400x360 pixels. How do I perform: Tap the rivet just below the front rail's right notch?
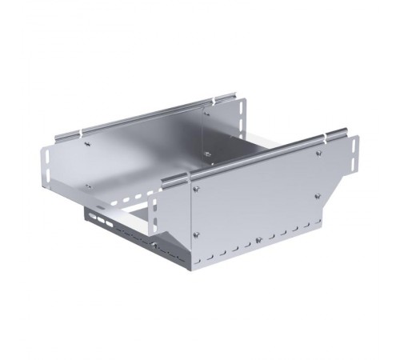tap(319, 154)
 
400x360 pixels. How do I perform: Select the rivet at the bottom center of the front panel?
tap(258, 238)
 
